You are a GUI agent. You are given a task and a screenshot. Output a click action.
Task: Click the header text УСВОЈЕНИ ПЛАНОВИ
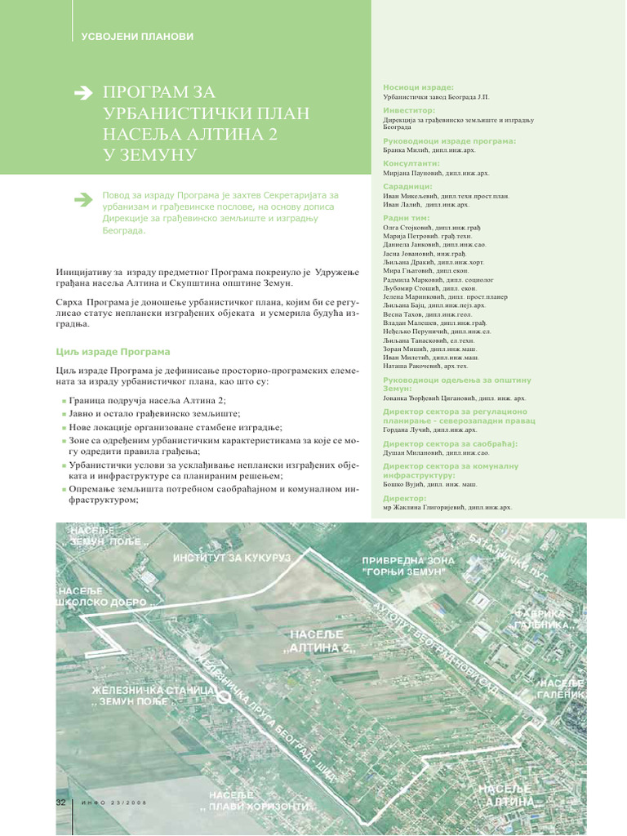click(x=136, y=36)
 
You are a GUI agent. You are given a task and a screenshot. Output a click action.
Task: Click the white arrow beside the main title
click(x=84, y=94)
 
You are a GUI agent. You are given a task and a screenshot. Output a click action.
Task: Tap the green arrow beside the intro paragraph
click(x=83, y=198)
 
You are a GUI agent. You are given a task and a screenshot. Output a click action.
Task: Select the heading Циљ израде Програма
click(x=113, y=352)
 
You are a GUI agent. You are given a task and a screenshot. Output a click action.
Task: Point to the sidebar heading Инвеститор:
click(x=409, y=109)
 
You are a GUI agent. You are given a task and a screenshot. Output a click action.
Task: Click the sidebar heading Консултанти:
click(x=411, y=163)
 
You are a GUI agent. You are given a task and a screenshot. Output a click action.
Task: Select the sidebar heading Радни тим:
click(x=406, y=219)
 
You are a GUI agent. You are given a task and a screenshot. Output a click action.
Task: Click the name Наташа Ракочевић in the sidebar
click(x=416, y=367)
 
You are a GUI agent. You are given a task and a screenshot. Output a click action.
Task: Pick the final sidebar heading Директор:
click(x=405, y=497)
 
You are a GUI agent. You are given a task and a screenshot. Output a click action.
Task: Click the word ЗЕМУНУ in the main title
click(x=157, y=154)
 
